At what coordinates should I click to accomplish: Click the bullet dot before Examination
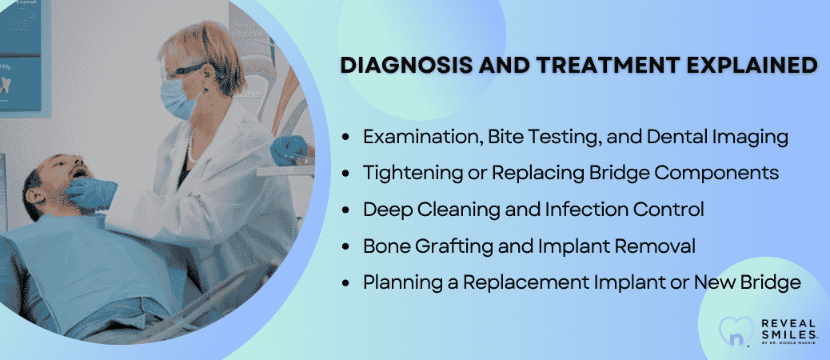click(346, 138)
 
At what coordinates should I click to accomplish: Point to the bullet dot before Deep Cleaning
click(346, 210)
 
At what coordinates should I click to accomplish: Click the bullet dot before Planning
click(346, 283)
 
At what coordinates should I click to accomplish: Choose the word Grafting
click(457, 247)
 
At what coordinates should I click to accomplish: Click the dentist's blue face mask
click(178, 98)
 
